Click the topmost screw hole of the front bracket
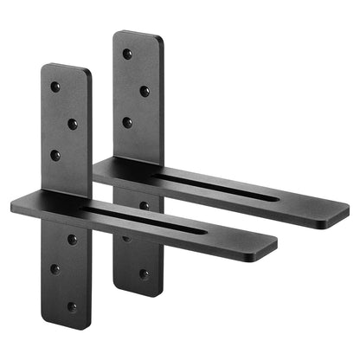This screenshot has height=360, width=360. coord(55,87)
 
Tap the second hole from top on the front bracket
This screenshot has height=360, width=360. coord(73,124)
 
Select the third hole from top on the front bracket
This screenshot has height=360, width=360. coord(55,156)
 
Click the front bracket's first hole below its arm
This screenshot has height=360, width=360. coord(73,239)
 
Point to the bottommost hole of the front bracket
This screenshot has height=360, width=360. coord(73,305)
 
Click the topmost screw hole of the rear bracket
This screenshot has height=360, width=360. coord(127,54)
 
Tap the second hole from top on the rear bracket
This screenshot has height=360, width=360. coord(145,90)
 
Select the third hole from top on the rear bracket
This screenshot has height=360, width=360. coord(127,122)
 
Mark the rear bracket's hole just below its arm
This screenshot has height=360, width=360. coord(144,206)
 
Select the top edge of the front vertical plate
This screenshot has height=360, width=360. coord(67,67)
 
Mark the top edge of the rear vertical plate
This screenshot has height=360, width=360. coord(138,34)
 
